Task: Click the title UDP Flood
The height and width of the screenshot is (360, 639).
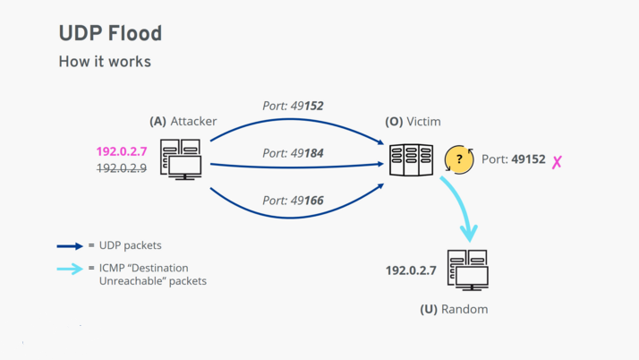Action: [x=110, y=33]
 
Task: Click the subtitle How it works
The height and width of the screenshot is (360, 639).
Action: [x=105, y=62]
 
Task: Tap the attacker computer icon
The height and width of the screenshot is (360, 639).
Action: [x=182, y=159]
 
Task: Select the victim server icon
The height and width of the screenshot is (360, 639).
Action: [x=412, y=160]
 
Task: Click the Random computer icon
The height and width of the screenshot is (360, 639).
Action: [x=466, y=270]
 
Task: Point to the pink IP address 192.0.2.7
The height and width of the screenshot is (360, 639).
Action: [x=122, y=151]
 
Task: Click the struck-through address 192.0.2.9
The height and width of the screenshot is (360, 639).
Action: [x=122, y=167]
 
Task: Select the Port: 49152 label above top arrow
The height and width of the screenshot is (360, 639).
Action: [x=293, y=106]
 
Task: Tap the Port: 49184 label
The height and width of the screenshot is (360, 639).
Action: [x=293, y=153]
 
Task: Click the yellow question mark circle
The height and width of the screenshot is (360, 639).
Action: [x=459, y=159]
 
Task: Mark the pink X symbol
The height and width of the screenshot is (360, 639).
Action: [x=557, y=162]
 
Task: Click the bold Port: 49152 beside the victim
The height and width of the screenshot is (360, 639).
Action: [x=513, y=159]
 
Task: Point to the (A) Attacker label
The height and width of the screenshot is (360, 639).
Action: [x=183, y=121]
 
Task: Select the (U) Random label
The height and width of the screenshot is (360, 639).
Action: [x=455, y=309]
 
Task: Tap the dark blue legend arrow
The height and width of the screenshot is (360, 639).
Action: [x=70, y=245]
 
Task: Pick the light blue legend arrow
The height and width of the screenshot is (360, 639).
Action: [x=70, y=268]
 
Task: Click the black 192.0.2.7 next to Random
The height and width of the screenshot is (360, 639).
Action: [x=411, y=270]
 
